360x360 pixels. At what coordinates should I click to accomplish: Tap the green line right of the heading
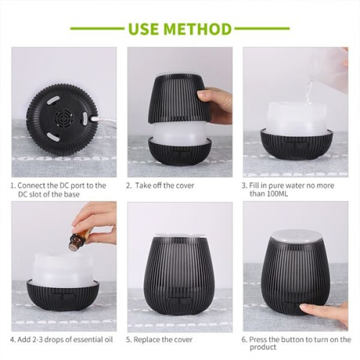[262, 30]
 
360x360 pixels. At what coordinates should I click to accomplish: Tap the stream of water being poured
[310, 90]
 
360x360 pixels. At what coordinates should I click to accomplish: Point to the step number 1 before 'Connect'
[12, 185]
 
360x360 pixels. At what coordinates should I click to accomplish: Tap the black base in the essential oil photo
[66, 299]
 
